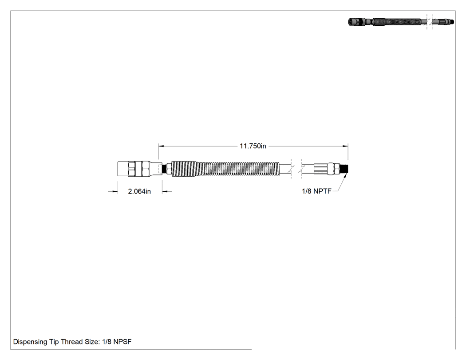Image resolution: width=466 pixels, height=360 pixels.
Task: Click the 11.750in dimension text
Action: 253,146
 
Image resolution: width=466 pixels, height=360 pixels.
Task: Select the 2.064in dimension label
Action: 139,191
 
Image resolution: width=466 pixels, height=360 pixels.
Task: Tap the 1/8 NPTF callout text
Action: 316,191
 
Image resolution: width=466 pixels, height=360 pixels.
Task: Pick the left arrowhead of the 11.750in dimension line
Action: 161,146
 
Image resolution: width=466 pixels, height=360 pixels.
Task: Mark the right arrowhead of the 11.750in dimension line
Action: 345,146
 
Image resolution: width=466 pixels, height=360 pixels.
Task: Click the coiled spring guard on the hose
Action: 225,169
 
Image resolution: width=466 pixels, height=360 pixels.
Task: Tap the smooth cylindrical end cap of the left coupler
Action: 123,169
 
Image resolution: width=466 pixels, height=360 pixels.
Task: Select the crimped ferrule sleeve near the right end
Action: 320,169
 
